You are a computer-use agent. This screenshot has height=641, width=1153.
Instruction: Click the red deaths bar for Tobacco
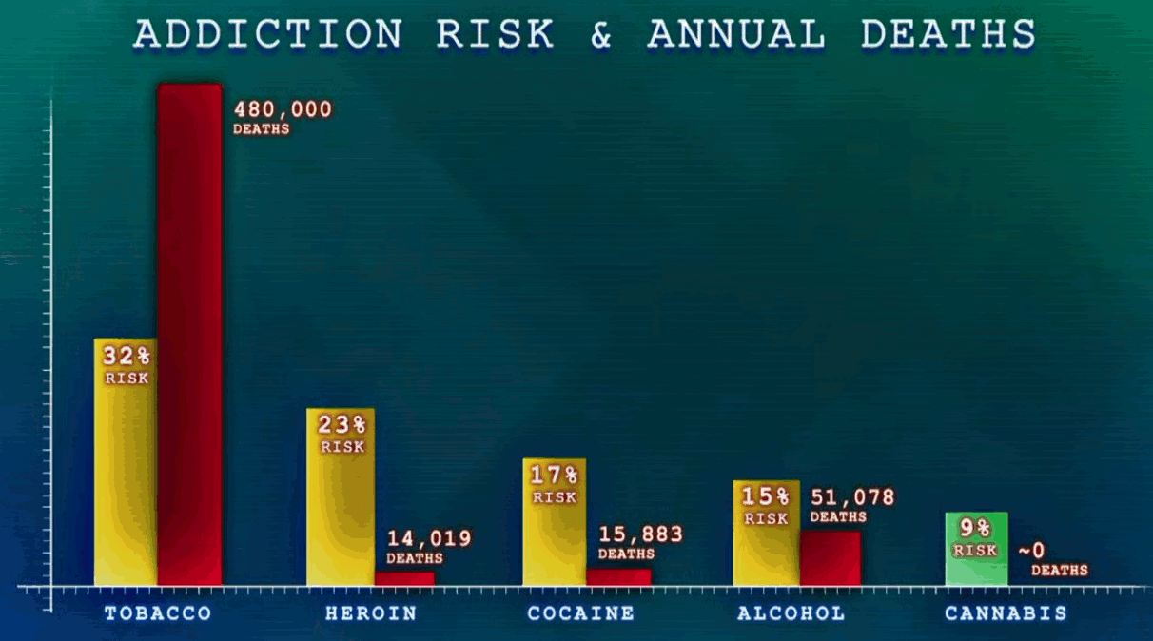[x=190, y=335]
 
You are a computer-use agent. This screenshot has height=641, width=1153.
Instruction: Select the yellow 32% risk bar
[x=126, y=462]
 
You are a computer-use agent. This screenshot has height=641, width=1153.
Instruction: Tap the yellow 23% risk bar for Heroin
[x=341, y=497]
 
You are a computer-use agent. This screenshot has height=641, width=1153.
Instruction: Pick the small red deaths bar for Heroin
[x=404, y=579]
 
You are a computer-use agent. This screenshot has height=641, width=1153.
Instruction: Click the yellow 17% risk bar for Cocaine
[x=555, y=522]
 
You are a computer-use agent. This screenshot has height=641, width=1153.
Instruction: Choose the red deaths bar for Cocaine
[x=618, y=577]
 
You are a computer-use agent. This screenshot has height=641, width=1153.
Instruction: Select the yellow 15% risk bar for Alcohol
[x=767, y=533]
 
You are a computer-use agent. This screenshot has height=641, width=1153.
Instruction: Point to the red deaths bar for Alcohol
[x=831, y=558]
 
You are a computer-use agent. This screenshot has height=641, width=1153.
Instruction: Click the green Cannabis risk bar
[x=976, y=549]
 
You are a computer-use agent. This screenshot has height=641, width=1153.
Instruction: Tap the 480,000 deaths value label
[x=283, y=118]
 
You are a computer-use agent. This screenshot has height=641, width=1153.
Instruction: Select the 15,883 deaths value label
[x=640, y=543]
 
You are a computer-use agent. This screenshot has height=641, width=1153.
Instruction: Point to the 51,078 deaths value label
[x=852, y=506]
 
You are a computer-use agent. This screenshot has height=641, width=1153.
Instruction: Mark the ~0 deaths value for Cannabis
[x=1053, y=560]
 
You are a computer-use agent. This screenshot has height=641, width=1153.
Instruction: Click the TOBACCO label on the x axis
[x=158, y=613]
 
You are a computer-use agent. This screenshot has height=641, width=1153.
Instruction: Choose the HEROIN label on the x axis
[x=371, y=613]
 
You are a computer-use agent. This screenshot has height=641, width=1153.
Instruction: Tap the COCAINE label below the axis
[x=581, y=613]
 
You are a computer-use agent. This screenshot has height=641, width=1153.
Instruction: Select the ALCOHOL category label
[x=791, y=613]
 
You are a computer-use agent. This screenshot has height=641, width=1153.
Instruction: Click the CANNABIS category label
[x=1006, y=613]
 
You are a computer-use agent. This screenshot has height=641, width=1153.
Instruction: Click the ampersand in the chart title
[x=600, y=34]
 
